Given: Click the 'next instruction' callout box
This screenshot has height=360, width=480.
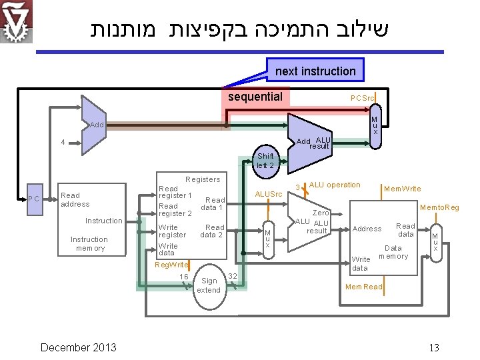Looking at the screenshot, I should (x=315, y=71).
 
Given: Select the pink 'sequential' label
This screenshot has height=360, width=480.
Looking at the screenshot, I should (x=255, y=97).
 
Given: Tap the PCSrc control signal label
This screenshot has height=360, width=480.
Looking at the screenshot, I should (x=363, y=98).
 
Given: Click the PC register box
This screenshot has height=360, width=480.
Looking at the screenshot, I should (x=34, y=199).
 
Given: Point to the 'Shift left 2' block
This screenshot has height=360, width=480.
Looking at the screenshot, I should (x=265, y=161).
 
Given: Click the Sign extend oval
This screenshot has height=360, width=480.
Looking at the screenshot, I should (x=209, y=285).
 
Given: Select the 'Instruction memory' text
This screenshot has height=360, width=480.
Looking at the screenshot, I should (x=89, y=244).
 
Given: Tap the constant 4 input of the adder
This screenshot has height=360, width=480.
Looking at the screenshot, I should (x=63, y=142).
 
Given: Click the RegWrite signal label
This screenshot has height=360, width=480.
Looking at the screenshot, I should (x=171, y=265).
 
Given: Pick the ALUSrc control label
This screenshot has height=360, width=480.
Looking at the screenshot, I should (x=270, y=194).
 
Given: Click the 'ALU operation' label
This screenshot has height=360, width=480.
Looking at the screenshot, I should (x=335, y=185).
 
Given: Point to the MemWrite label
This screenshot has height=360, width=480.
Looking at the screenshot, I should (x=403, y=189).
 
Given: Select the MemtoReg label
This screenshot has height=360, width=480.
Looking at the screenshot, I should (x=439, y=208).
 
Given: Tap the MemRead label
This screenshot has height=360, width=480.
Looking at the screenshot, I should (x=363, y=287).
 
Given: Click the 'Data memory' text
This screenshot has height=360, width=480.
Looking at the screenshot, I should (x=393, y=251).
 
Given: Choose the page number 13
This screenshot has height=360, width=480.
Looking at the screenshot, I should (x=434, y=347).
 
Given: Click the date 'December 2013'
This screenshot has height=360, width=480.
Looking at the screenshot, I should (x=78, y=347).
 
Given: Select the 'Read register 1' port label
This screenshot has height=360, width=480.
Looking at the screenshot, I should (x=175, y=192).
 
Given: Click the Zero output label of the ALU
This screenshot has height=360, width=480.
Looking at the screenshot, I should (x=321, y=213).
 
